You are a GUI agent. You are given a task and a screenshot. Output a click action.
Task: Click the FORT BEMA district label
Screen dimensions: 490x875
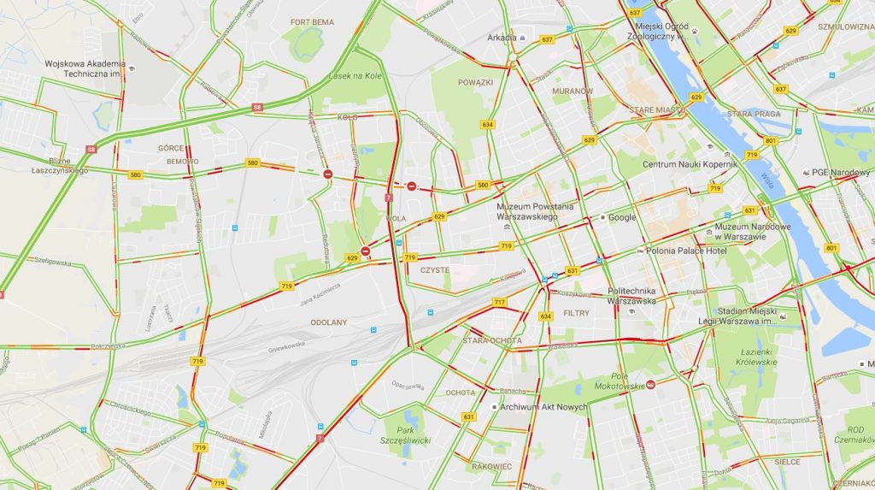point(312,21)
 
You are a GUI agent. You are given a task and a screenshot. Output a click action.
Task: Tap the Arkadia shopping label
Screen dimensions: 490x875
point(502,38)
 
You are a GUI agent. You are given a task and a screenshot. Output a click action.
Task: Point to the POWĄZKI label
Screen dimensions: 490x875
point(475,83)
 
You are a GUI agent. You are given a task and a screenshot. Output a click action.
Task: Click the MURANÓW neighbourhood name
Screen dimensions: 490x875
point(573,91)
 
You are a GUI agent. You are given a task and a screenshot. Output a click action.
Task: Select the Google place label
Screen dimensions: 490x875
point(622,217)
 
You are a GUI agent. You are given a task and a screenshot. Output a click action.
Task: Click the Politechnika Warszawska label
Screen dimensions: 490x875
point(631,296)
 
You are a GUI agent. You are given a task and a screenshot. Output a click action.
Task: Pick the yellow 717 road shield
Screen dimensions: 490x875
point(500,302)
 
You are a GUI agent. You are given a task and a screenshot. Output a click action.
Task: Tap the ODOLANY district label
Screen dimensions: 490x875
point(329,322)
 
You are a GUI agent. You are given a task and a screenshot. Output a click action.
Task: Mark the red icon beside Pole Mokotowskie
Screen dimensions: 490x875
point(651,384)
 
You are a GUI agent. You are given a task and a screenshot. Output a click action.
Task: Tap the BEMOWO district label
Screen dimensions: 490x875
point(182,162)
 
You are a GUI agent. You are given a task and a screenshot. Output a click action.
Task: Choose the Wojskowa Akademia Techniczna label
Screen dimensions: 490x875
point(85,68)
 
